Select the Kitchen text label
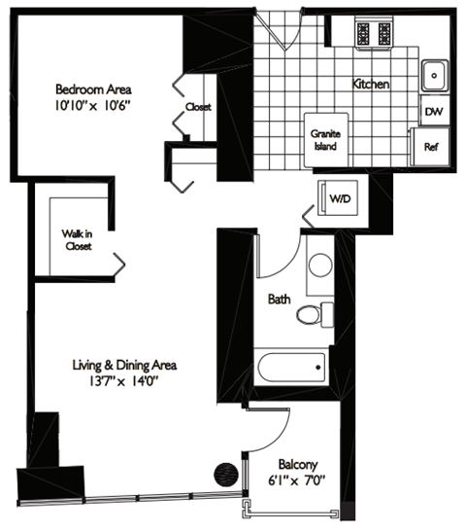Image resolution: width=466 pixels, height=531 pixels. pyautogui.click(x=371, y=85)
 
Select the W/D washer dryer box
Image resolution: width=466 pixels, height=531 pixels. pyautogui.click(x=339, y=199)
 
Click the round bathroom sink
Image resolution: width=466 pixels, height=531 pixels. pyautogui.click(x=319, y=265)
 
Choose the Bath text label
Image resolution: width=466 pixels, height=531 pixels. pyautogui.click(x=279, y=300)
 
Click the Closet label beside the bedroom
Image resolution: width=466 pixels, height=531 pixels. pyautogui.click(x=198, y=107)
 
